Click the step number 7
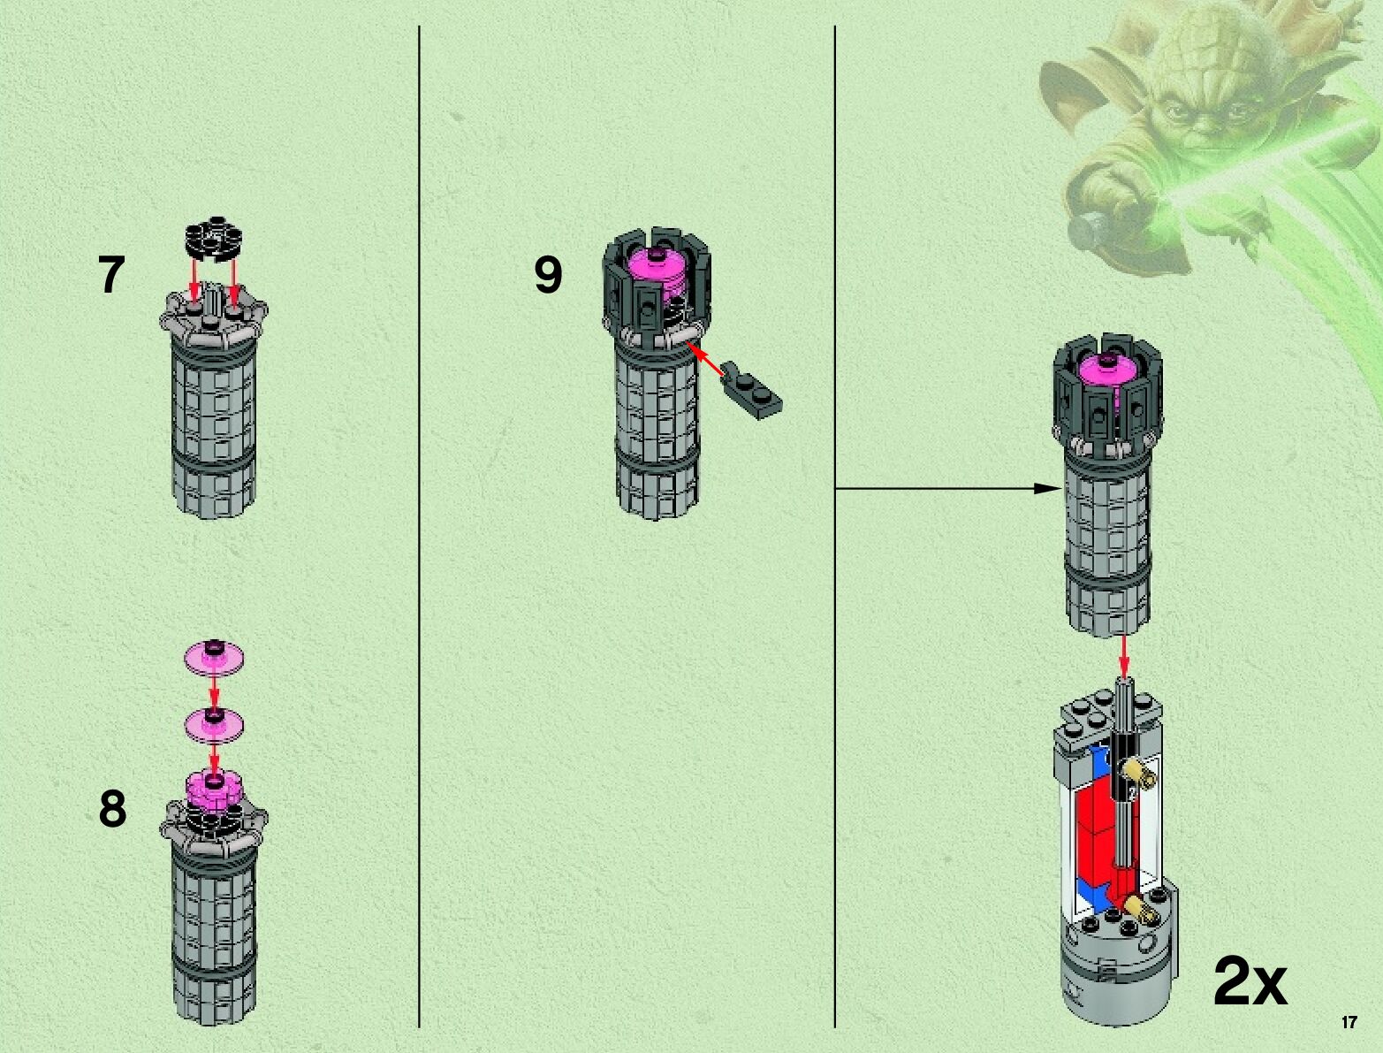(110, 276)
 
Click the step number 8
(112, 810)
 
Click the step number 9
(548, 276)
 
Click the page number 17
(1349, 1023)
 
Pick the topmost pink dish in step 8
(215, 657)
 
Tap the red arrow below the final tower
(1124, 657)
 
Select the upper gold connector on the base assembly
(1142, 778)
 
